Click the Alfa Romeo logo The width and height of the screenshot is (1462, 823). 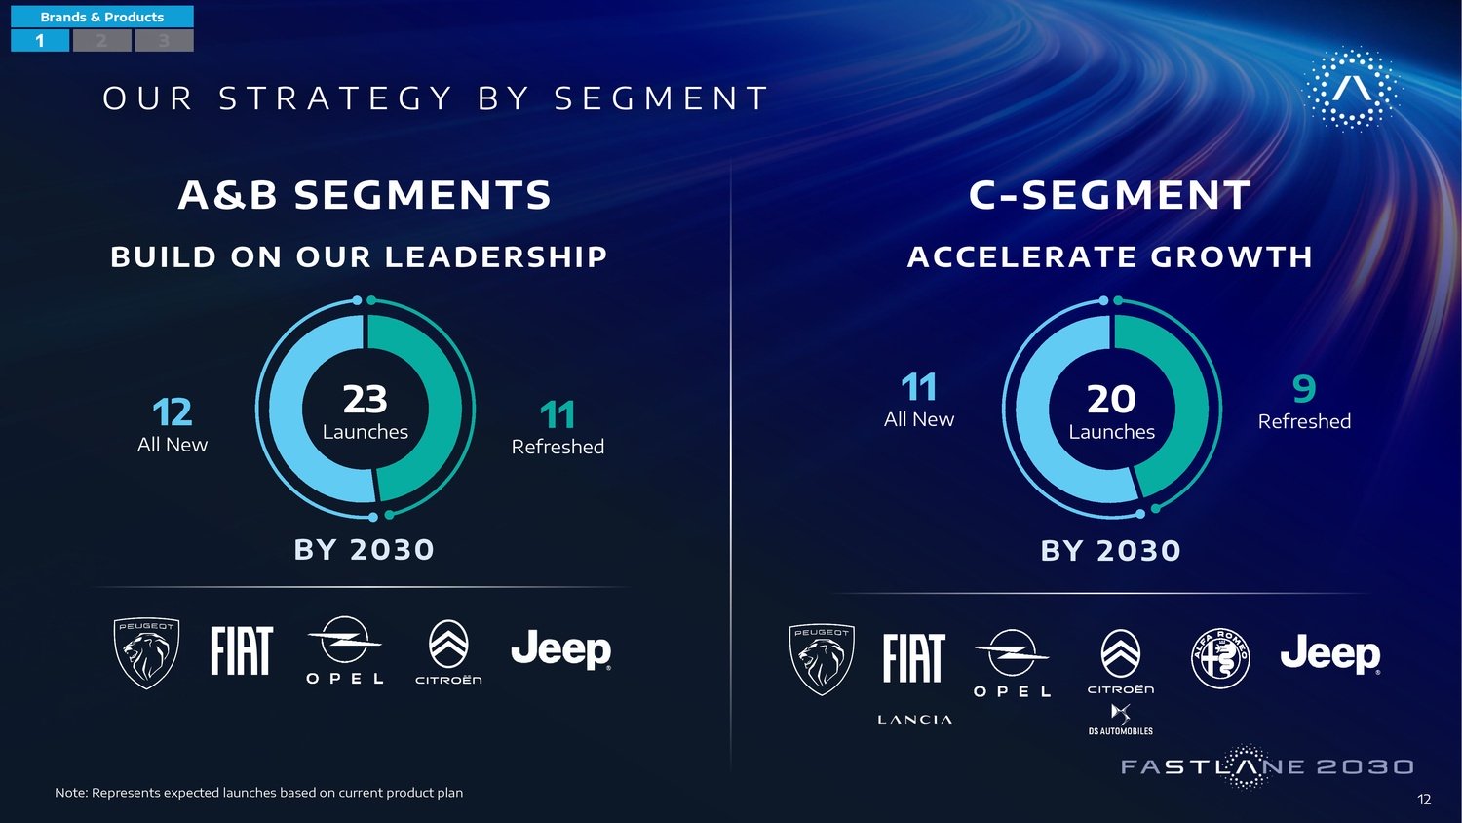click(x=1220, y=658)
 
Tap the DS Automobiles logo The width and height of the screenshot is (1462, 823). click(x=1121, y=719)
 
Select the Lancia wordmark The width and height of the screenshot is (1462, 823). click(x=914, y=719)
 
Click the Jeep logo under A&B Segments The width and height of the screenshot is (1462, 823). click(x=561, y=649)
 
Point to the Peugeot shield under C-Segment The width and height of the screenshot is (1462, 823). click(x=822, y=659)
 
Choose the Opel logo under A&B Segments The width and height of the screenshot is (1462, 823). click(x=345, y=649)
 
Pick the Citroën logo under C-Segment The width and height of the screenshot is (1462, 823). click(x=1121, y=661)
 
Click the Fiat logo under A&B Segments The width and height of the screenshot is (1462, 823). click(x=242, y=650)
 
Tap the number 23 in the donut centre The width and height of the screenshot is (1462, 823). click(x=365, y=399)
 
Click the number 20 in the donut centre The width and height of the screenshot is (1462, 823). click(x=1111, y=399)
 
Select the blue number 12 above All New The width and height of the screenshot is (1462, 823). click(x=173, y=412)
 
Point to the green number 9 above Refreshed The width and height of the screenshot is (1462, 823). click(x=1304, y=388)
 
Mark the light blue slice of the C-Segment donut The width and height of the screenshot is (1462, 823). click(x=1038, y=418)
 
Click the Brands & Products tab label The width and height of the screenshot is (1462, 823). click(x=102, y=17)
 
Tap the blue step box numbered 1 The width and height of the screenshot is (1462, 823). click(x=40, y=41)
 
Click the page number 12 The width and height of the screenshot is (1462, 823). click(x=1424, y=800)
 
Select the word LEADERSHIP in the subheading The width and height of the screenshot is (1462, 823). click(x=496, y=256)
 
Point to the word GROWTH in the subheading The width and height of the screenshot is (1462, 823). click(x=1231, y=256)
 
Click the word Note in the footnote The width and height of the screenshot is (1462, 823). click(x=70, y=793)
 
